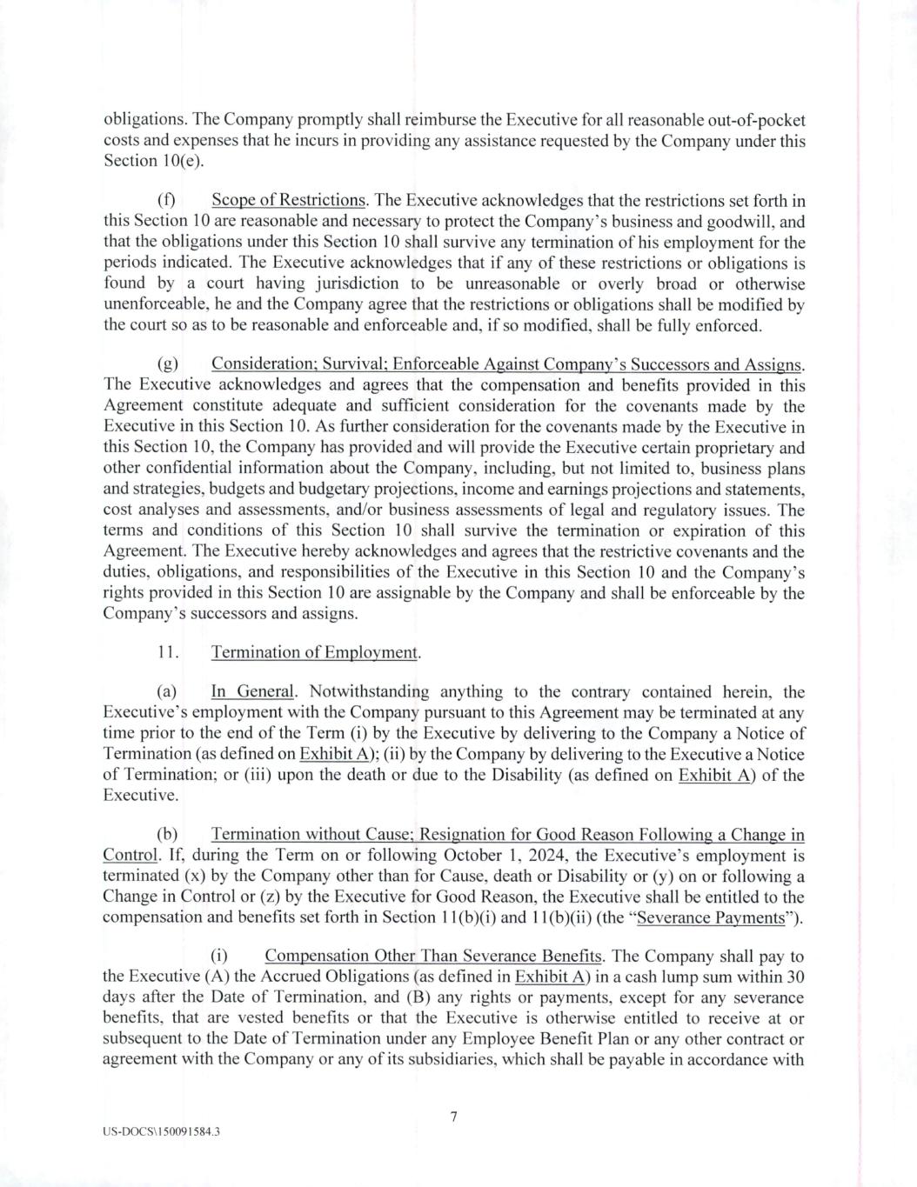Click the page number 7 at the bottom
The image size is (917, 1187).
pyautogui.click(x=453, y=1117)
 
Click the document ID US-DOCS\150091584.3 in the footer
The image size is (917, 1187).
pyautogui.click(x=161, y=1134)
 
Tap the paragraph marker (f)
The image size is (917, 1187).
pyautogui.click(x=166, y=201)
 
